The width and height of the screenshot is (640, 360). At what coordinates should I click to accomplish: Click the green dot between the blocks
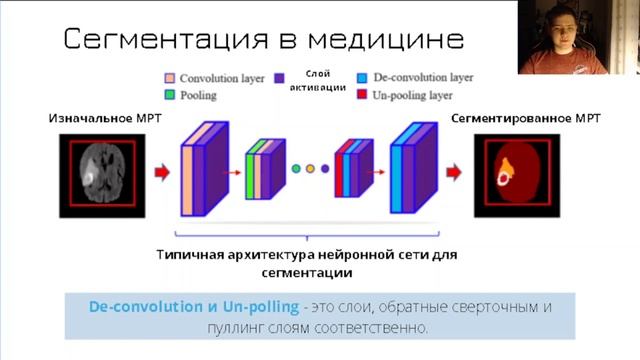point(296,169)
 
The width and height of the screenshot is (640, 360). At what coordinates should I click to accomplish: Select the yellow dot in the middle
point(310,169)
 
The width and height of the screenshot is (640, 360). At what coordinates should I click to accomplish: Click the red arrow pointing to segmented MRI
point(452,171)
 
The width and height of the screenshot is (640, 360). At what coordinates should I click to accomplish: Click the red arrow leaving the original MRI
point(160,171)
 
